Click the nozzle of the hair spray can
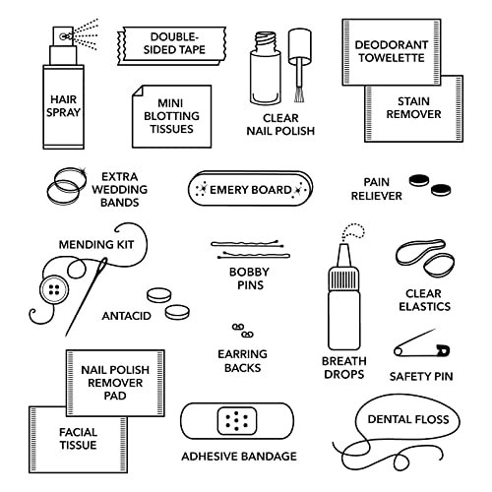click(x=63, y=36)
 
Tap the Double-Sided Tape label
click(x=174, y=43)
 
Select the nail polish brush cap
click(x=300, y=46)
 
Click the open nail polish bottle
click(x=266, y=68)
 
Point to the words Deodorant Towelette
click(x=392, y=51)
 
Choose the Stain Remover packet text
click(x=413, y=107)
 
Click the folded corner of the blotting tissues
click(x=139, y=92)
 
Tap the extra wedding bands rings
click(x=67, y=186)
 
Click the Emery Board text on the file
click(x=250, y=190)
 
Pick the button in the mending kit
click(x=54, y=289)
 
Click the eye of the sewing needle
click(x=103, y=264)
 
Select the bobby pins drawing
click(x=250, y=249)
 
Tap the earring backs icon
click(x=243, y=331)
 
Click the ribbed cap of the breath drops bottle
click(x=344, y=278)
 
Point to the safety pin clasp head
click(x=443, y=350)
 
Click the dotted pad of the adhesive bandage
click(x=237, y=421)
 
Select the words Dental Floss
click(x=408, y=419)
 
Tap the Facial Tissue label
click(x=78, y=439)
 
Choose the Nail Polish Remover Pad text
click(x=115, y=383)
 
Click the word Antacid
click(x=126, y=316)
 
